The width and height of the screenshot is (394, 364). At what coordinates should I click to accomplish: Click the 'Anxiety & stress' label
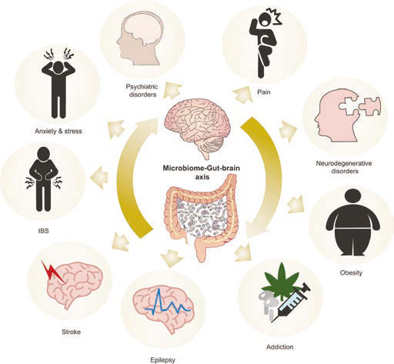(x=58, y=132)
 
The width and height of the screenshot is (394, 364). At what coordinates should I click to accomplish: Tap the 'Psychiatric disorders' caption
(x=142, y=91)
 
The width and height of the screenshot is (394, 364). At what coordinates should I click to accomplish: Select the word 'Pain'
(x=264, y=92)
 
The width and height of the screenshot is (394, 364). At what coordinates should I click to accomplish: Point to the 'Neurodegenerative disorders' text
(x=344, y=167)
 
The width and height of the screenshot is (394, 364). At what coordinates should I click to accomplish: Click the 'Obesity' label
(x=351, y=272)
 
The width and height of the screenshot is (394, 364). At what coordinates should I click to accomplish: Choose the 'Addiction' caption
(x=279, y=347)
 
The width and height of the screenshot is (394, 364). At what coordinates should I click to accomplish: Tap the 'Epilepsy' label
(x=162, y=360)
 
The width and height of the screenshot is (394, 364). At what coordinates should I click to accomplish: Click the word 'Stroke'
(x=71, y=332)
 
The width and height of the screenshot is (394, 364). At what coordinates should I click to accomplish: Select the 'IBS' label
(x=43, y=231)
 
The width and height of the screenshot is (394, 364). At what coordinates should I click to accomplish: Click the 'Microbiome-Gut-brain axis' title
(x=202, y=172)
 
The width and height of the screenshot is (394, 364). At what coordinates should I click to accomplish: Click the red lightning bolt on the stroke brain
(x=52, y=272)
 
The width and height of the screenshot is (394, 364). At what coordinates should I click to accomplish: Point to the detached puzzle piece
(x=369, y=106)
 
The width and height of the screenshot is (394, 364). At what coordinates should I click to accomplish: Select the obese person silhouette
(x=352, y=222)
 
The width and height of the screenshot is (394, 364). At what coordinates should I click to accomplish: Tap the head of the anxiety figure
(x=58, y=67)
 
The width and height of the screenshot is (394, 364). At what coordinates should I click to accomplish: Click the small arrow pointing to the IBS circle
(x=99, y=177)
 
